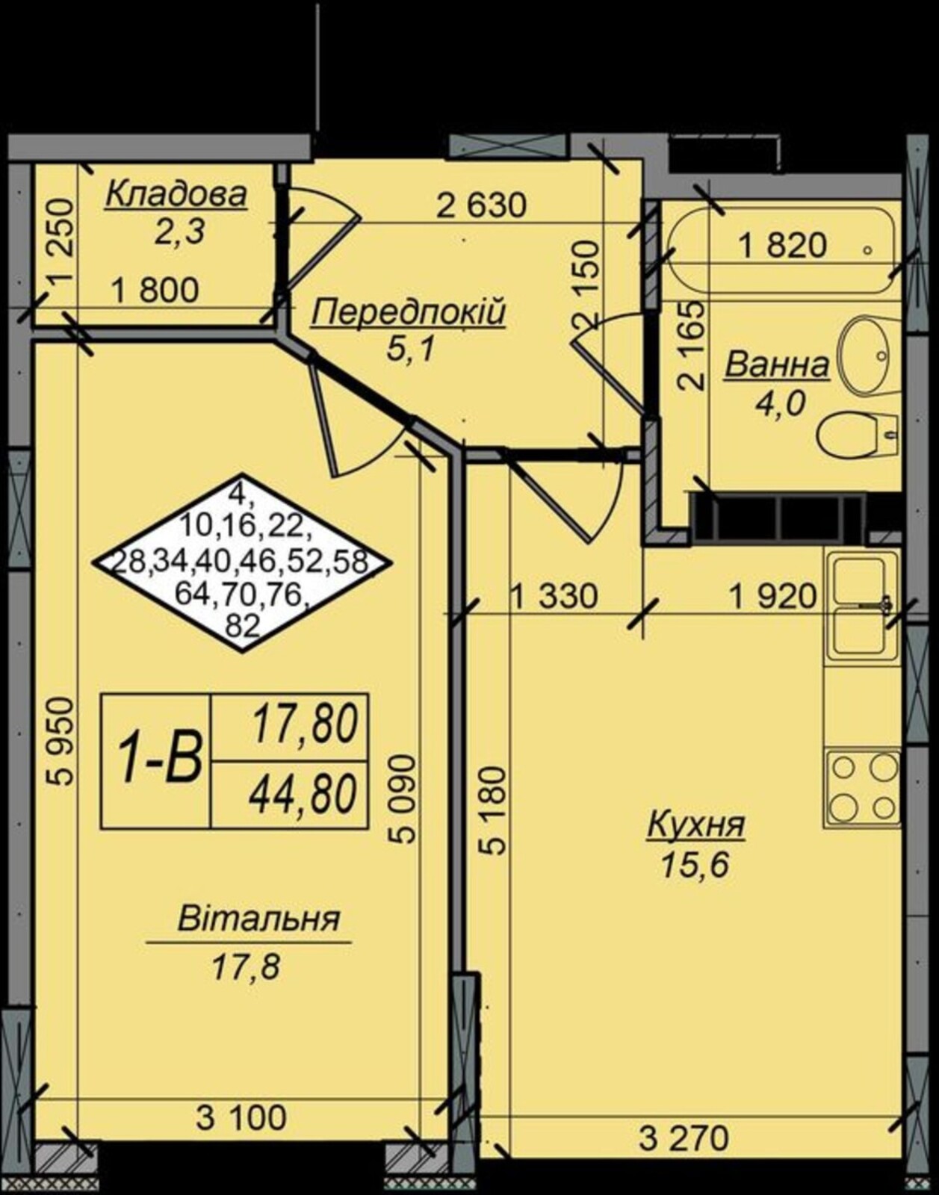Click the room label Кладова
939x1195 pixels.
pos(176,195)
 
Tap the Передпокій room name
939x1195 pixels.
pos(409,314)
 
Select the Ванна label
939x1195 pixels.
pos(778,366)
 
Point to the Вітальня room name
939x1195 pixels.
pos(259,919)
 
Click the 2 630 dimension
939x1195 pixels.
pos(481,205)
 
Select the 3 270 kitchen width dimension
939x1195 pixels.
pos(684,1137)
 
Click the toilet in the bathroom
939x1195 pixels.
pos(858,435)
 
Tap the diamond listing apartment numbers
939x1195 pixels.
pos(244,563)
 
